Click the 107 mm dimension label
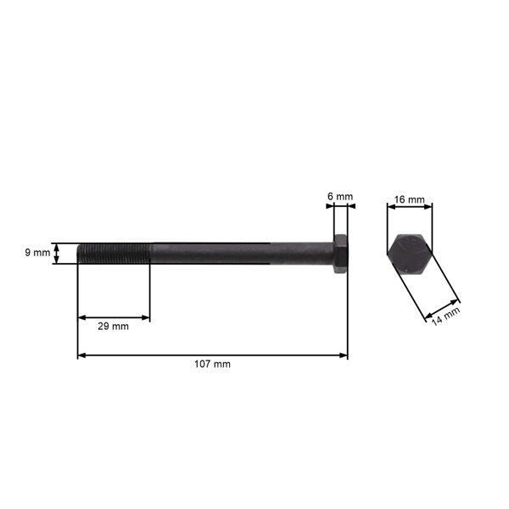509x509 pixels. click(x=212, y=364)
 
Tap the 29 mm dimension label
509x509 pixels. click(x=114, y=326)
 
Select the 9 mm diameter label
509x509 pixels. click(x=37, y=253)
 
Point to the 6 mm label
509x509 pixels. click(x=339, y=197)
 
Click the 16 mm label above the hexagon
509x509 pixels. click(x=411, y=200)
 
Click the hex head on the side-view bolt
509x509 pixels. click(x=339, y=254)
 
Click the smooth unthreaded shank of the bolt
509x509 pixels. click(x=238, y=254)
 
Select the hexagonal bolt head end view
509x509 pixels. click(x=411, y=253)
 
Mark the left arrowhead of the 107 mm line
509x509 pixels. click(x=81, y=355)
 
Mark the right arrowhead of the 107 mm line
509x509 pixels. click(x=344, y=355)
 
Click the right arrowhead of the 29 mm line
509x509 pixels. click(x=146, y=317)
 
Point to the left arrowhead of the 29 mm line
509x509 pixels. click(x=81, y=317)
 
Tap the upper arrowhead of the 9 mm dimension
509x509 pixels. click(x=58, y=246)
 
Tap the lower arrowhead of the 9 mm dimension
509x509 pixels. click(x=58, y=260)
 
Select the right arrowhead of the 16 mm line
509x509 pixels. click(x=429, y=205)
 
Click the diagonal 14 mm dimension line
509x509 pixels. click(x=441, y=309)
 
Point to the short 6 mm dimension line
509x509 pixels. click(x=339, y=205)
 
